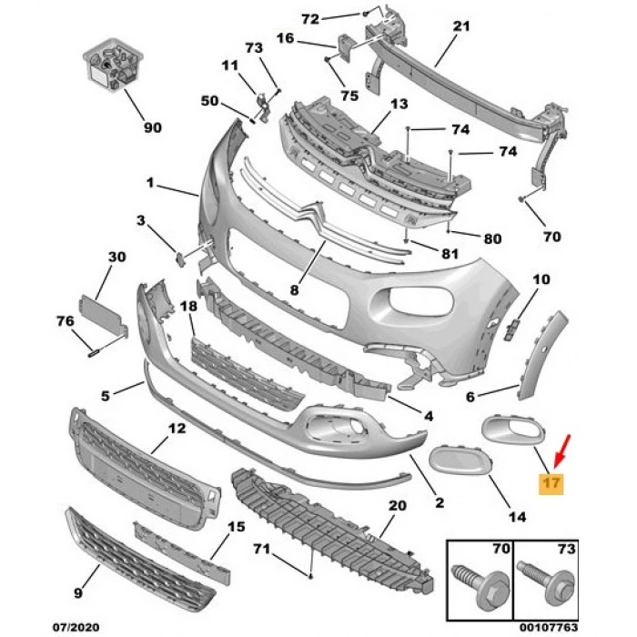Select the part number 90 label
click(153, 127)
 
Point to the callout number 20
click(397, 506)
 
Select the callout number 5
click(106, 396)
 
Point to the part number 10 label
click(541, 279)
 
